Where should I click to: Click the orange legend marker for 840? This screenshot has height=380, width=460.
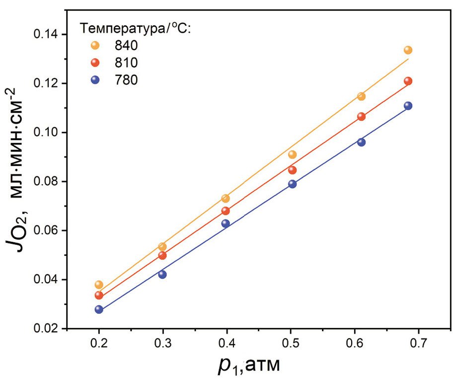click(x=96, y=45)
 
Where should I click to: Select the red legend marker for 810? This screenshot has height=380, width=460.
click(x=96, y=63)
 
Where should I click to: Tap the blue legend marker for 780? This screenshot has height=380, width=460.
click(x=96, y=79)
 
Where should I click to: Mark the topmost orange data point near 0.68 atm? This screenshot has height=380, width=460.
click(x=408, y=50)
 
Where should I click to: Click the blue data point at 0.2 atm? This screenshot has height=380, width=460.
click(x=99, y=309)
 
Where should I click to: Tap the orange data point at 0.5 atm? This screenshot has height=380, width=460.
click(x=292, y=154)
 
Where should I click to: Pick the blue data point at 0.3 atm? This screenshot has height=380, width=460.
click(x=162, y=274)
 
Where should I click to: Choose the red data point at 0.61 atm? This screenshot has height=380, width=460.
click(x=361, y=117)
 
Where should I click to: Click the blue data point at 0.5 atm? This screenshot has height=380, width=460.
click(x=292, y=184)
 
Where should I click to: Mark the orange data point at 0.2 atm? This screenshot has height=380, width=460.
click(x=99, y=285)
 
